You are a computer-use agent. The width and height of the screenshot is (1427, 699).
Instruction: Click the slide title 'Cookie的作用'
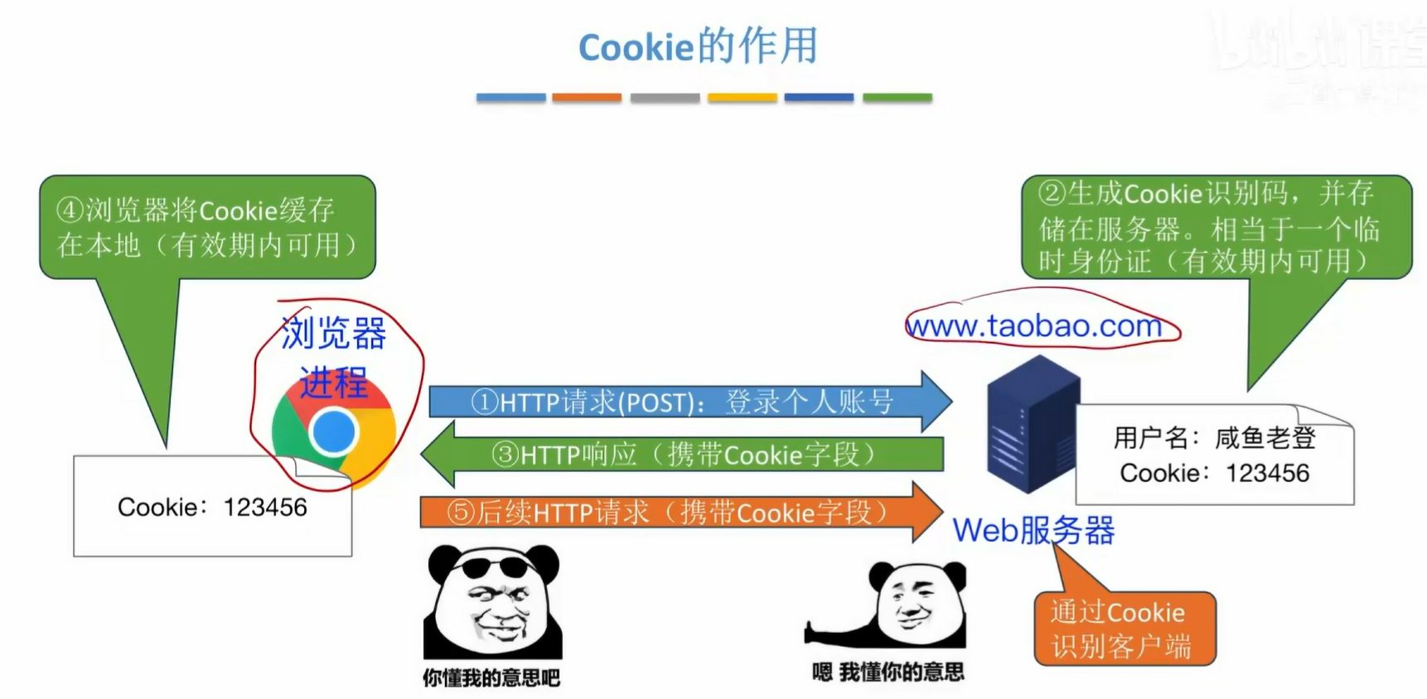coord(698,46)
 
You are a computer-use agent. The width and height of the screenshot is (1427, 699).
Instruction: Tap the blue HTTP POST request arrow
coord(688,402)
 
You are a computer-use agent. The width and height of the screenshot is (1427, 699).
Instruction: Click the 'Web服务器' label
coord(1033,530)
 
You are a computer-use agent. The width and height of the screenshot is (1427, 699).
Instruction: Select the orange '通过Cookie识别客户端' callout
coord(1124,629)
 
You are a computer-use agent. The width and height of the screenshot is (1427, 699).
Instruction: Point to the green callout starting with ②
coord(1215,227)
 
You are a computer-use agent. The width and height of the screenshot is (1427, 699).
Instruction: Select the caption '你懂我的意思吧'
coord(491,677)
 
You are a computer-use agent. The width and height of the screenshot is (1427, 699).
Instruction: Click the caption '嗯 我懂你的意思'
coord(888,672)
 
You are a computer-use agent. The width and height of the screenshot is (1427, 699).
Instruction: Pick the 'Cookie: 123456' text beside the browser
coord(212,507)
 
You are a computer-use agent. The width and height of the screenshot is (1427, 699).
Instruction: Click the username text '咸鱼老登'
coord(1265,437)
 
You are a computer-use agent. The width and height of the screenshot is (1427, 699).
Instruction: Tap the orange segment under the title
coord(587,98)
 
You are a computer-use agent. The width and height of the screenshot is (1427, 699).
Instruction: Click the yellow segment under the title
coord(742,98)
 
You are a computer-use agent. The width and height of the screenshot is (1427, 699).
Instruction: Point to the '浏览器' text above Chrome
coord(334,334)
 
